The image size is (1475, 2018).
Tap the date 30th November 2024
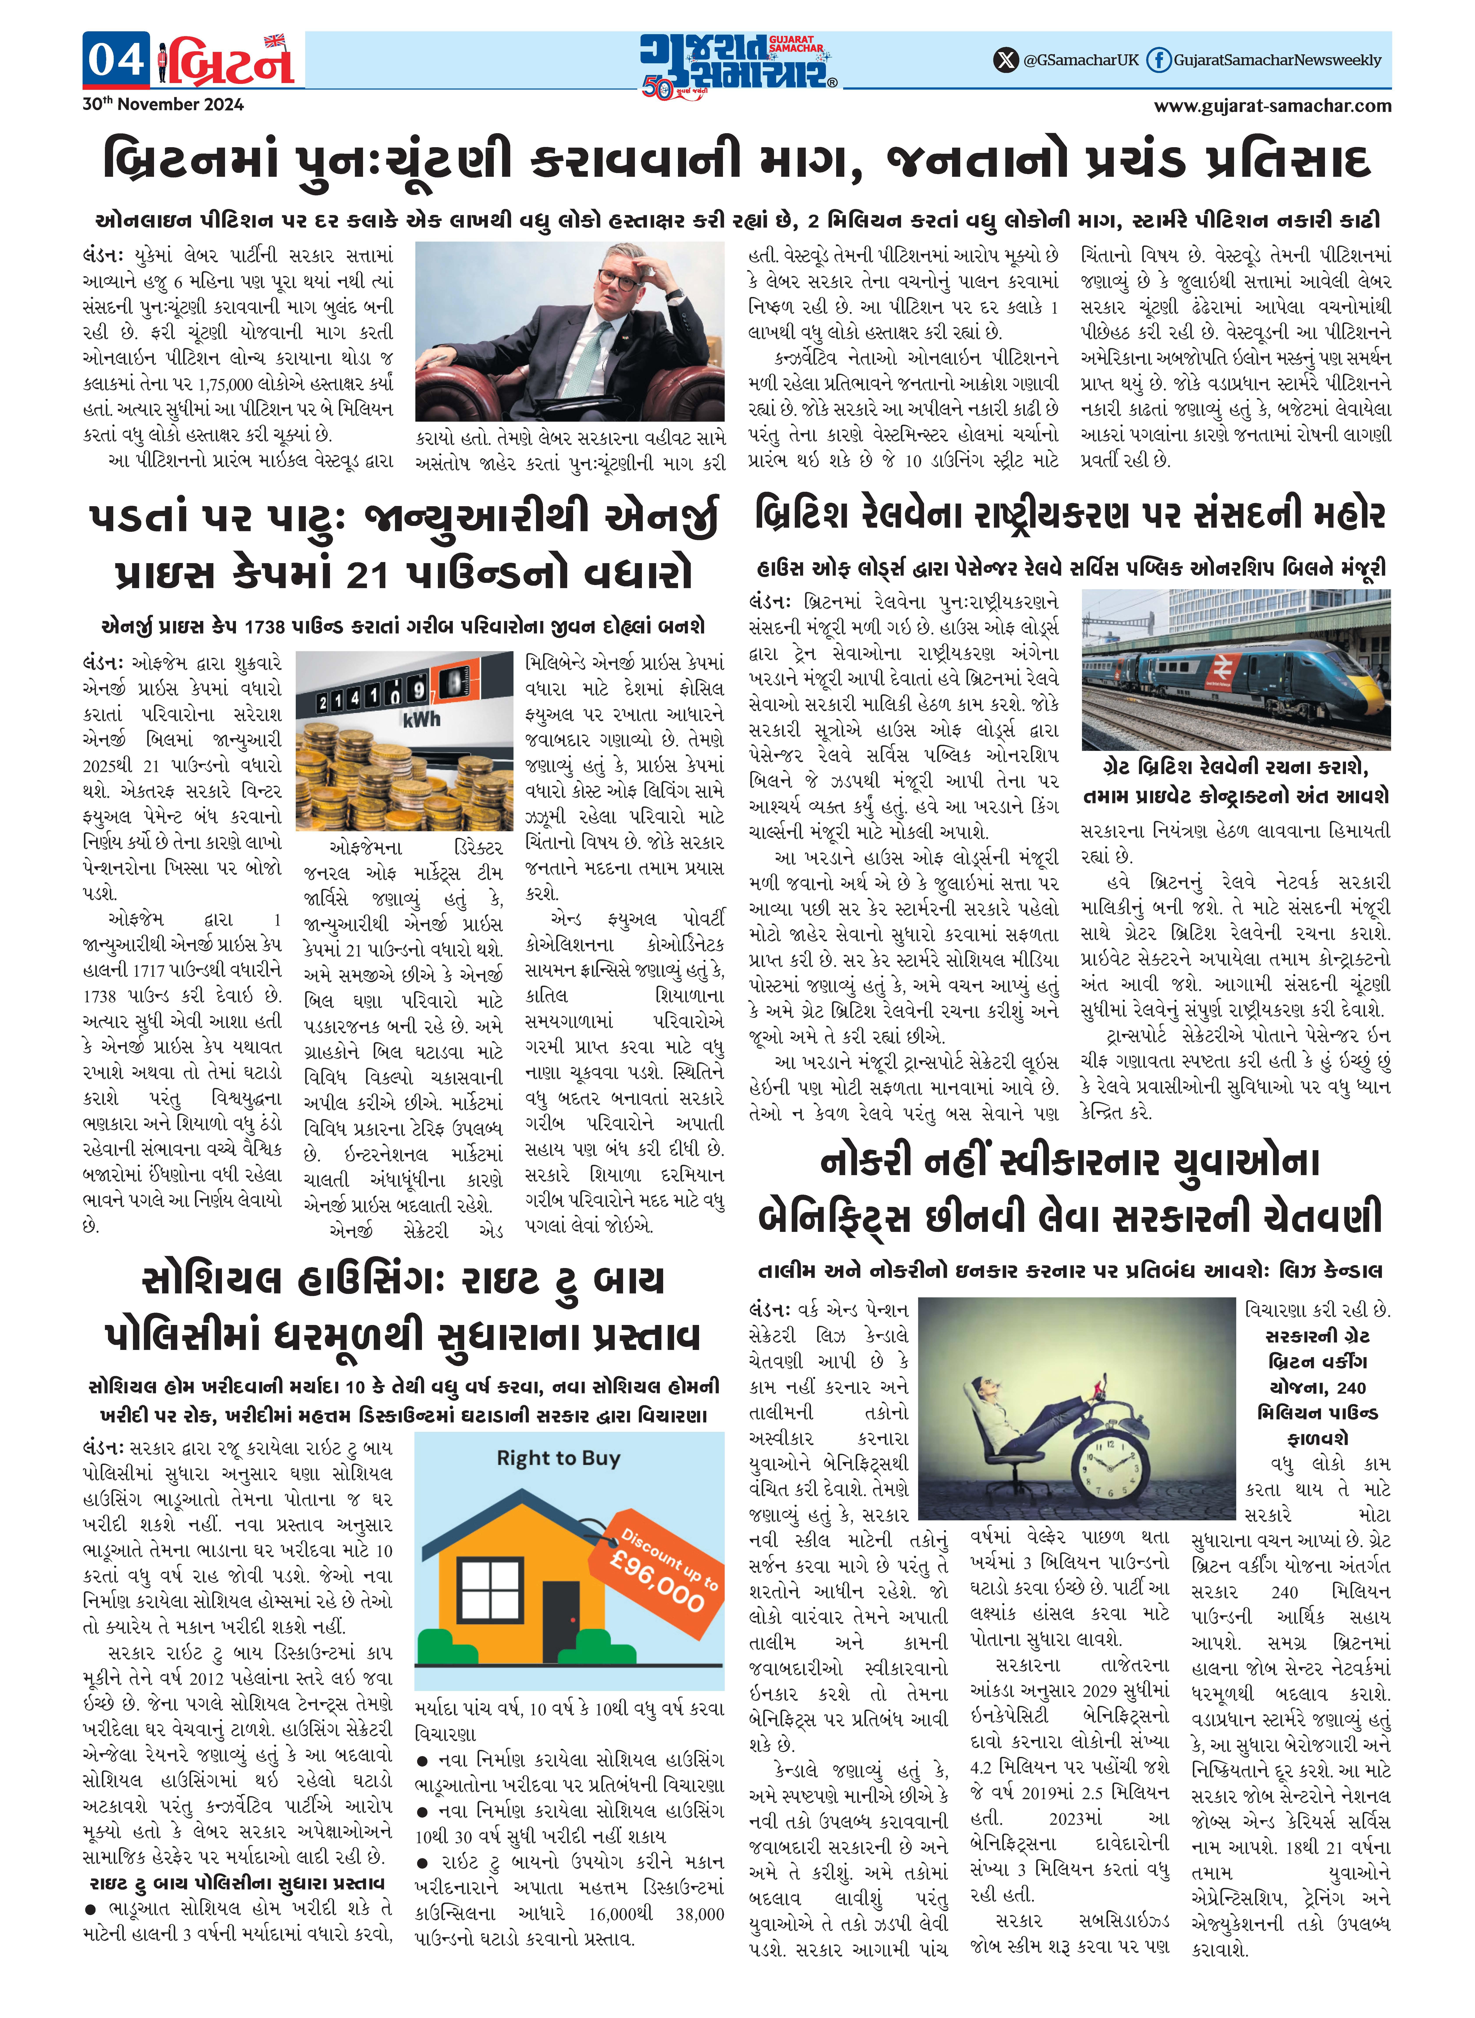coord(163,104)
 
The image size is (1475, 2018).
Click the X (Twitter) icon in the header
coord(1006,60)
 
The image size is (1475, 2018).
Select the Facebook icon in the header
coord(1158,60)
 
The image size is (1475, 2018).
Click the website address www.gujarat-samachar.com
coord(1272,105)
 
